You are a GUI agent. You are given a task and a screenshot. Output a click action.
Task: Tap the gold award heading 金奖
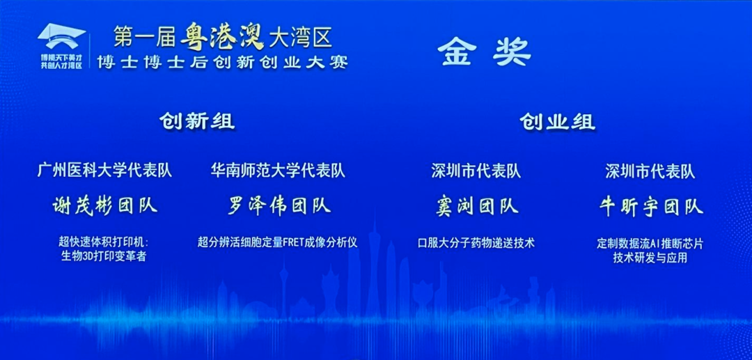[485, 52]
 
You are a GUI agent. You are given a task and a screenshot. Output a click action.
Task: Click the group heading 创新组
[196, 121]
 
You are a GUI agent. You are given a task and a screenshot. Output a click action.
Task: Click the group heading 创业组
[557, 122]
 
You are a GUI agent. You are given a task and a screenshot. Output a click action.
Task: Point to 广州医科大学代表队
[104, 170]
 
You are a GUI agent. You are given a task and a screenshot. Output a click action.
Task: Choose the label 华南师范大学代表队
[278, 170]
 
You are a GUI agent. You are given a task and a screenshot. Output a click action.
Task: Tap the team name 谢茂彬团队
[105, 205]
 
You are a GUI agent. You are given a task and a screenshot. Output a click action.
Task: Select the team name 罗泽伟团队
[279, 205]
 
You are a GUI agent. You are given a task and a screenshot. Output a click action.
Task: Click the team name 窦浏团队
[475, 205]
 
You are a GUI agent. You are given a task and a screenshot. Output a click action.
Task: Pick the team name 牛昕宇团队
[650, 205]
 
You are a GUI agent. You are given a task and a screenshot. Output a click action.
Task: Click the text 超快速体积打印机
[104, 242]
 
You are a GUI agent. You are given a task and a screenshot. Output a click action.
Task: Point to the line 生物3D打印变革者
[104, 256]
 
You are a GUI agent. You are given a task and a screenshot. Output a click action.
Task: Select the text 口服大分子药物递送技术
[476, 243]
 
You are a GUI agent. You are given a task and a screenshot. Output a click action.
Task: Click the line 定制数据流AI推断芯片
[650, 244]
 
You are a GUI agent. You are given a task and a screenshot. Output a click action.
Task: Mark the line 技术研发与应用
[650, 258]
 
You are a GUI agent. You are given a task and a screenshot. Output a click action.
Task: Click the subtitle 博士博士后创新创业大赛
[223, 61]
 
